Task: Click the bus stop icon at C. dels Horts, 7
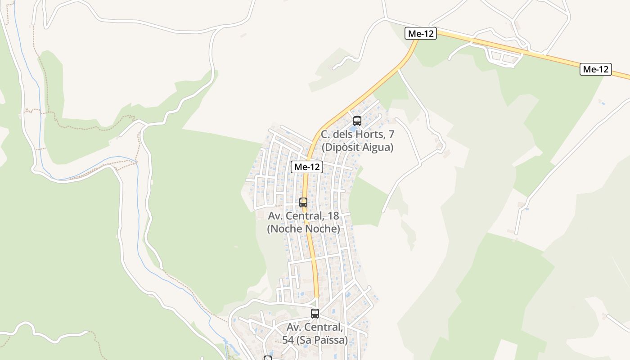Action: pyautogui.click(x=357, y=121)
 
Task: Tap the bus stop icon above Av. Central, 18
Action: pyautogui.click(x=303, y=202)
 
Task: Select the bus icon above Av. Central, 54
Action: pyautogui.click(x=315, y=313)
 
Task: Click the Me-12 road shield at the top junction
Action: pyautogui.click(x=421, y=33)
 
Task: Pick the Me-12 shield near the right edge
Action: pyautogui.click(x=595, y=69)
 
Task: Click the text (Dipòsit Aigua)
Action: pyautogui.click(x=357, y=147)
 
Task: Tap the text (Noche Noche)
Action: pyautogui.click(x=303, y=229)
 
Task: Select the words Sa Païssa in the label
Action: pyautogui.click(x=322, y=340)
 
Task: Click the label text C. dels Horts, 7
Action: pyautogui.click(x=357, y=134)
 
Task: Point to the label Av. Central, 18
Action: pyautogui.click(x=303, y=216)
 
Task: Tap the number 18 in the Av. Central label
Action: pyautogui.click(x=333, y=216)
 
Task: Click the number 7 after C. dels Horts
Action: pyautogui.click(x=391, y=134)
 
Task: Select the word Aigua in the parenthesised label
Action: pyautogui.click(x=378, y=147)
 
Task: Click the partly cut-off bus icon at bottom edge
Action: pyautogui.click(x=268, y=358)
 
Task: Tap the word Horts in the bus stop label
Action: pyautogui.click(x=371, y=134)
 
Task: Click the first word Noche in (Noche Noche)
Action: pyautogui.click(x=286, y=229)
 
